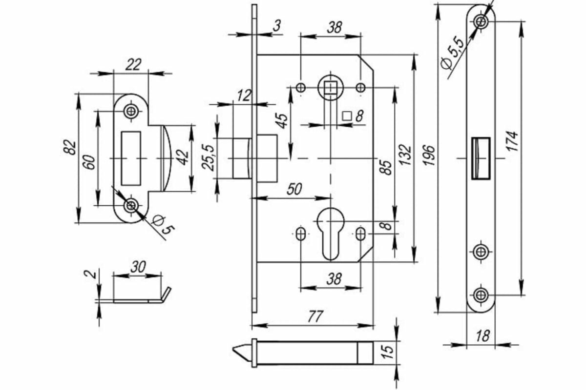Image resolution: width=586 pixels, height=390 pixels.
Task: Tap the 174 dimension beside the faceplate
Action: pyautogui.click(x=512, y=141)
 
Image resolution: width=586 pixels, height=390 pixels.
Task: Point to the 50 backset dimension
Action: pyautogui.click(x=293, y=189)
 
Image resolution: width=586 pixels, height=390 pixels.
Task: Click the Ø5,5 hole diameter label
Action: pyautogui.click(x=452, y=52)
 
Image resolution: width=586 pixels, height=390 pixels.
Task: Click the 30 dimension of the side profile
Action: pyautogui.click(x=138, y=267)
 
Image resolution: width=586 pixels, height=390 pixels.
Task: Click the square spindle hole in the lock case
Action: pyautogui.click(x=331, y=88)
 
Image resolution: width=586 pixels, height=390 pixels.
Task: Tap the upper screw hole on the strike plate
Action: pyautogui.click(x=130, y=111)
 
